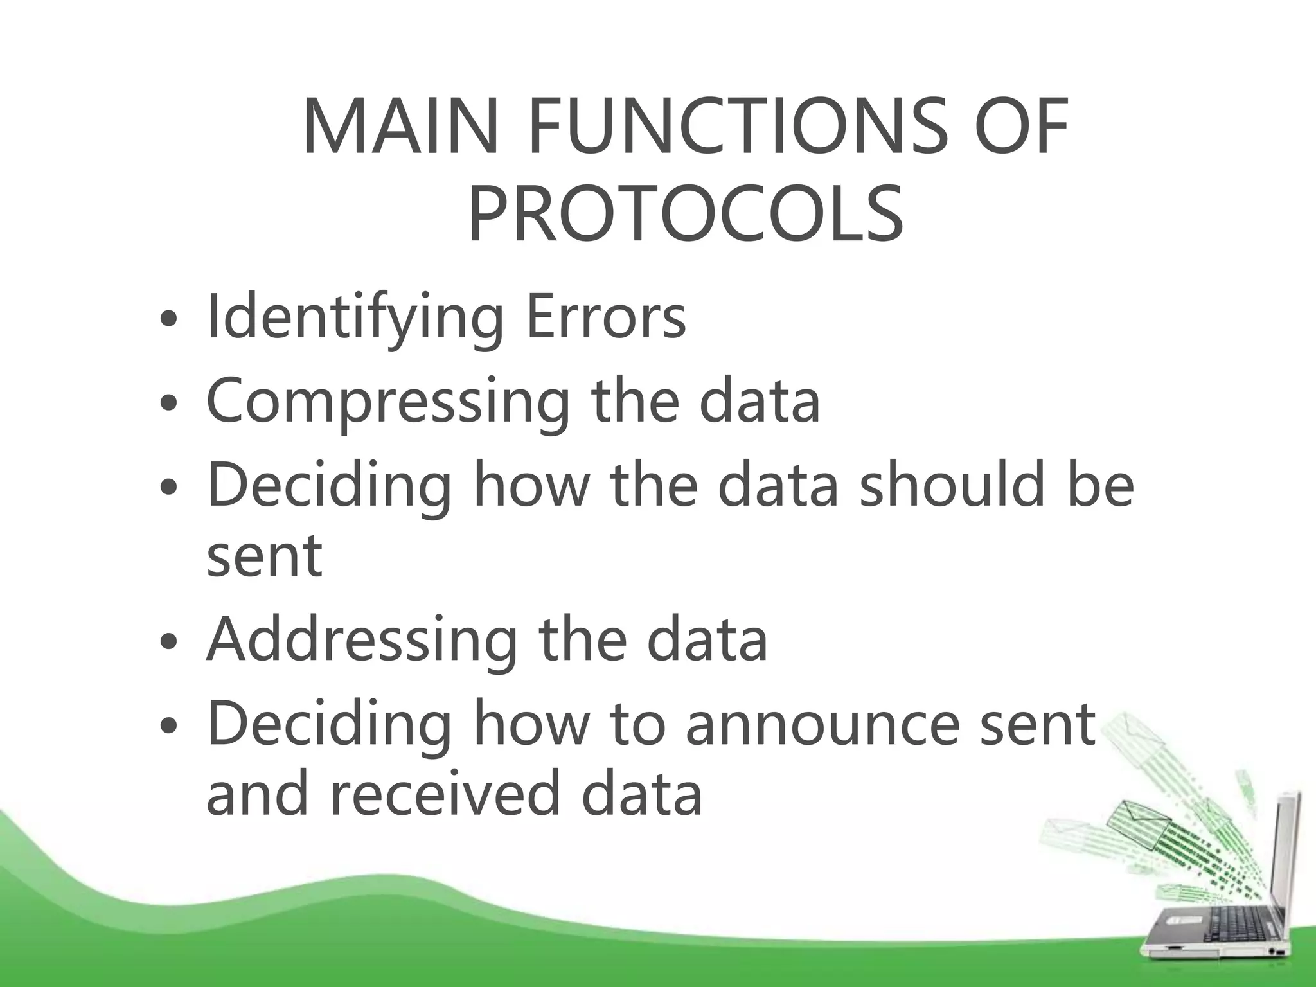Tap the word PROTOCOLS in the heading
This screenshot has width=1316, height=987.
tap(686, 213)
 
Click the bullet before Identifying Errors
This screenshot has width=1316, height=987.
tap(168, 319)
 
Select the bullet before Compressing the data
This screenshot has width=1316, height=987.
tap(168, 404)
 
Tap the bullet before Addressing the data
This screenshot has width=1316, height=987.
tap(168, 642)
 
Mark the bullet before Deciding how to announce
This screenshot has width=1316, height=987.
tap(168, 726)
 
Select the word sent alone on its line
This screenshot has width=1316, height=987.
tap(264, 555)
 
